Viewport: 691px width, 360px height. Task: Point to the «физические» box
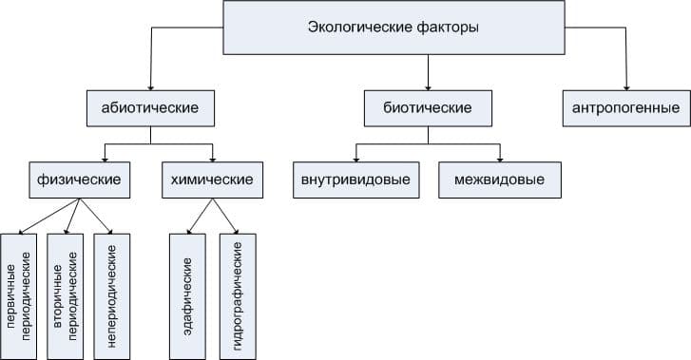(79, 179)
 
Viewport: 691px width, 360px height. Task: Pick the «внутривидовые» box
(355, 179)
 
